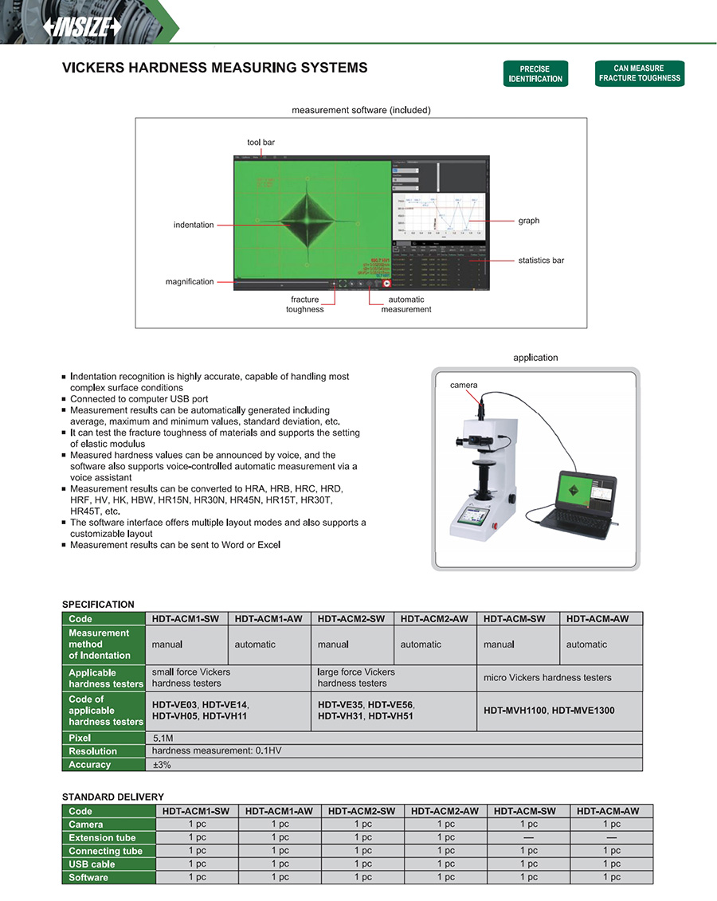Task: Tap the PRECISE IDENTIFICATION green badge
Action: point(535,74)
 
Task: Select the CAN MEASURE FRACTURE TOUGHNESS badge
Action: point(640,73)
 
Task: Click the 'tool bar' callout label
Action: point(261,143)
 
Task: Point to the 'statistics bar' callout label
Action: point(541,261)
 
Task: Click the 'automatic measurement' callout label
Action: point(406,304)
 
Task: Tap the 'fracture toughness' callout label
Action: point(305,304)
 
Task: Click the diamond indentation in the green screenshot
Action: point(308,221)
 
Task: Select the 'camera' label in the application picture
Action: point(464,386)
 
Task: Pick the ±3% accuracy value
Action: point(162,765)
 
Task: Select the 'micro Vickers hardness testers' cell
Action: point(547,678)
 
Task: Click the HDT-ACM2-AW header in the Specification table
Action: point(435,619)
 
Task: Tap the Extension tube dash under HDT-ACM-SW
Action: point(529,837)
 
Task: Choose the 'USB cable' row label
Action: point(92,864)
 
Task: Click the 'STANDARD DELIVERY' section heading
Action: point(113,797)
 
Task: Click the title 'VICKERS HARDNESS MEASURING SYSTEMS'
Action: point(215,69)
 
